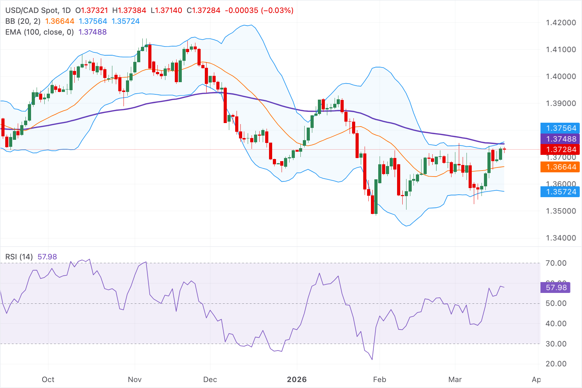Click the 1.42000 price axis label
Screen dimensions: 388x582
click(561, 23)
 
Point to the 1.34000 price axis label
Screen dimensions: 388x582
click(561, 238)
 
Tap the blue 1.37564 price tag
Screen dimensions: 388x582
click(560, 128)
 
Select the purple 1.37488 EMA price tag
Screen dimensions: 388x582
click(560, 139)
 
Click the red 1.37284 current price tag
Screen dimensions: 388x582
click(560, 150)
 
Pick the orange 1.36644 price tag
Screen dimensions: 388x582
click(560, 167)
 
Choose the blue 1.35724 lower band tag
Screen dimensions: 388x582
click(560, 192)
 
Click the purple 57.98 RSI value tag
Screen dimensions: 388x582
click(555, 288)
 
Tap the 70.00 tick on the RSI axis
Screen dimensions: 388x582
click(556, 263)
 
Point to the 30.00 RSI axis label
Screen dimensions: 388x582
click(556, 344)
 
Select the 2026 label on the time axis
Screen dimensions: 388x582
click(297, 380)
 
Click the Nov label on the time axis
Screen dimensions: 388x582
click(135, 380)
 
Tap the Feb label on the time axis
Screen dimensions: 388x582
click(380, 380)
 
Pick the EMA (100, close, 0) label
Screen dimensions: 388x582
click(39, 32)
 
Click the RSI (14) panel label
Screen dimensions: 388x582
click(19, 257)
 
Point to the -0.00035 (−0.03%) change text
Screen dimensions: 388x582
click(259, 10)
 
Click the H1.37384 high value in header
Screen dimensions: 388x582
click(129, 10)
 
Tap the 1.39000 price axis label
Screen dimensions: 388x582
click(561, 103)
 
